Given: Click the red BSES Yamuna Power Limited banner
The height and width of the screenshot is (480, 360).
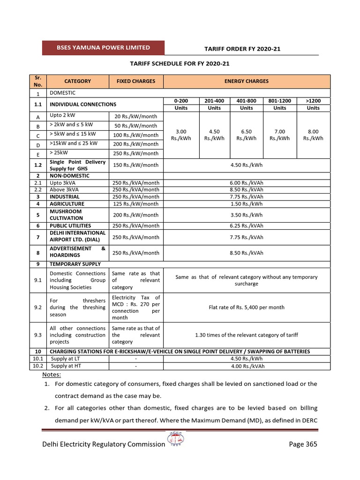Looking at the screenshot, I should [x=104, y=48].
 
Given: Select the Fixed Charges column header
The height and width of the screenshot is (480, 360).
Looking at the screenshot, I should [x=135, y=81].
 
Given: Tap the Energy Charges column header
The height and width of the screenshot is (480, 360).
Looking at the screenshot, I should [x=246, y=81].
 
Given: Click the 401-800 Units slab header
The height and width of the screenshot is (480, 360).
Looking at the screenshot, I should [x=246, y=104].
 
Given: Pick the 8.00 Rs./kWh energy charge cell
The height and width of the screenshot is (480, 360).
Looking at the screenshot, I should [x=313, y=135].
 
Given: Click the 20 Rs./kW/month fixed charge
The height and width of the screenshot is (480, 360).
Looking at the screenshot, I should [x=135, y=117].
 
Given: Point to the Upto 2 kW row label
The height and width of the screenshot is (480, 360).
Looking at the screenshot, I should [x=64, y=115].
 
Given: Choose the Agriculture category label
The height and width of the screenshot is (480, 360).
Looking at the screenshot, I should [x=67, y=204].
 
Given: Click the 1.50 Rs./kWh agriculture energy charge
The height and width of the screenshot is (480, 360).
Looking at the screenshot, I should [x=246, y=204].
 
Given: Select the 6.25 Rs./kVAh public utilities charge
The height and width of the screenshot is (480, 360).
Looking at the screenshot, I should [x=246, y=225].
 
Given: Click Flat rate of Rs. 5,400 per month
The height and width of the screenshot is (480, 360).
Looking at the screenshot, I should [x=246, y=307].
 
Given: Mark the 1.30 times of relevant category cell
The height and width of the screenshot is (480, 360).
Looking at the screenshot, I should [x=246, y=335].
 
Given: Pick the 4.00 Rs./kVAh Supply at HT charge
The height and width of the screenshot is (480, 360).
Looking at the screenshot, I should [x=246, y=366].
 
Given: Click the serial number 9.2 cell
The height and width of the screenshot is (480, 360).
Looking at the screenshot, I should [x=38, y=307].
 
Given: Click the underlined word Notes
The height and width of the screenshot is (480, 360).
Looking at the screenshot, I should [x=52, y=375].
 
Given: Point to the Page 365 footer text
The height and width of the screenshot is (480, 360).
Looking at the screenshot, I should [x=303, y=444].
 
